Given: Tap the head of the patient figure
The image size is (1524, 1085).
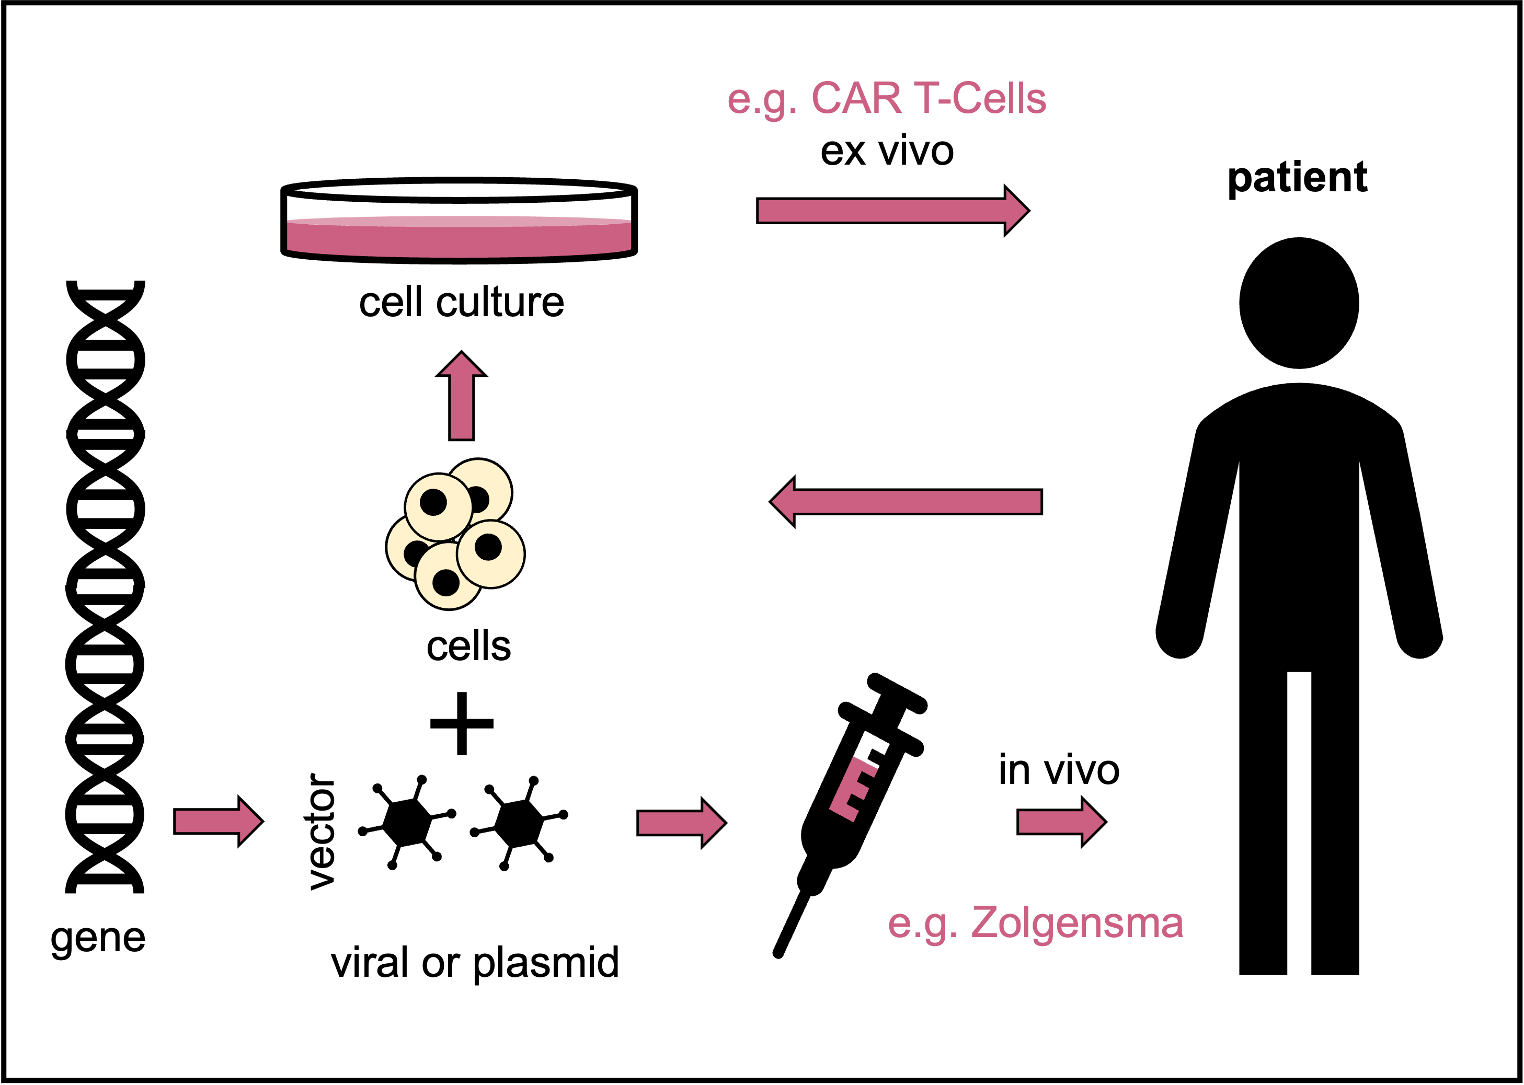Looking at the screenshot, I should (1298, 303).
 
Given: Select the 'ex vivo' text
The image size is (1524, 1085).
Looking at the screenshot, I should (887, 151).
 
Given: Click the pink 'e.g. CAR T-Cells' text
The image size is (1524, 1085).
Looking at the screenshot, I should (886, 99).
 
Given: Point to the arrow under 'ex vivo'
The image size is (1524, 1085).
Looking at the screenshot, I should (892, 211).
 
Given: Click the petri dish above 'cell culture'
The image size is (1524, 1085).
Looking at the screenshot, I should (459, 221).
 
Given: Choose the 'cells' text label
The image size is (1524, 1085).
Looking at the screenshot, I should (468, 646).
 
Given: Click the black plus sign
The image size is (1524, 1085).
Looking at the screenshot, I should (462, 723).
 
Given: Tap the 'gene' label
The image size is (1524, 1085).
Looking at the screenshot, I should (98, 938).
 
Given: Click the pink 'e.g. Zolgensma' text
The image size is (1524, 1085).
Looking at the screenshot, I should (1035, 924).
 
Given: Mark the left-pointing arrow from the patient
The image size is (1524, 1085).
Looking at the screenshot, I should (906, 502).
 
